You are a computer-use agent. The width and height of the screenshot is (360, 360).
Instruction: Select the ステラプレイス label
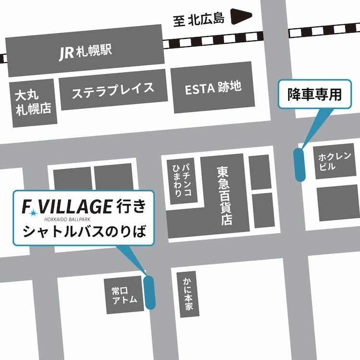[x=113, y=90]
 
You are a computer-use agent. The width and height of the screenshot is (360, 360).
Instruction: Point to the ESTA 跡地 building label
[x=213, y=88]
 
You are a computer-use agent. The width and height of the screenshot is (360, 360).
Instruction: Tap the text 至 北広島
[x=199, y=19]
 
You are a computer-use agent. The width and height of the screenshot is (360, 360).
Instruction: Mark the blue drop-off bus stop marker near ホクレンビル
[x=300, y=165]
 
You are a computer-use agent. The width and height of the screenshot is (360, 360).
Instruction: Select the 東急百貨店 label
[x=223, y=195]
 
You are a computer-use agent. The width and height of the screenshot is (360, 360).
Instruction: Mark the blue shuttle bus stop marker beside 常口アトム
[x=149, y=292]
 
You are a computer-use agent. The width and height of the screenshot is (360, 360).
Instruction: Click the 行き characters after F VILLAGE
[x=130, y=206]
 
